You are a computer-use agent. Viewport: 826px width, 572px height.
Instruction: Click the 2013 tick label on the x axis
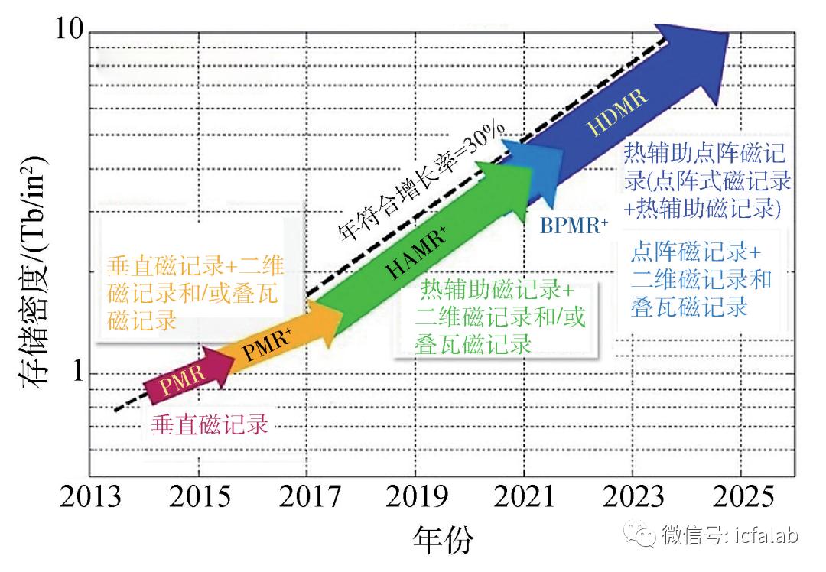tap(92, 498)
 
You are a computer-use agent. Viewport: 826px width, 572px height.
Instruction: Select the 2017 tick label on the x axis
tap(310, 498)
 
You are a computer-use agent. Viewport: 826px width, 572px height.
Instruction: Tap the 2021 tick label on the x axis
tap(526, 498)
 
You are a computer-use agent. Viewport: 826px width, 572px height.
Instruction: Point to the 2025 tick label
tap(743, 498)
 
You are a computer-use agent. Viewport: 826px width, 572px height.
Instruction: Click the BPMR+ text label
tap(575, 226)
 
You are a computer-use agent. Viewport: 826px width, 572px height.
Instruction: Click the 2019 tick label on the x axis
tap(417, 498)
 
